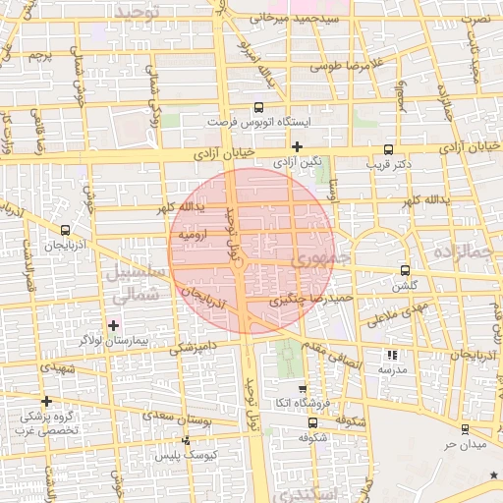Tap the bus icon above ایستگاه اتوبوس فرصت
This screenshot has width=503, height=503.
[x=258, y=108]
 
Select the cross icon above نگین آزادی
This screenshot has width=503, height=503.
[x=297, y=146]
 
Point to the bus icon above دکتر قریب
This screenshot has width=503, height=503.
[x=389, y=150]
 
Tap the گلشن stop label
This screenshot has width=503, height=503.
[x=405, y=286]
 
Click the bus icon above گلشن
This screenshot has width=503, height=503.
[x=405, y=271]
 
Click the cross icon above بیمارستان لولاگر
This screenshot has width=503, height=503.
[x=113, y=325]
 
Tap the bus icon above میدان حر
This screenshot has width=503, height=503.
[x=464, y=429]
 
